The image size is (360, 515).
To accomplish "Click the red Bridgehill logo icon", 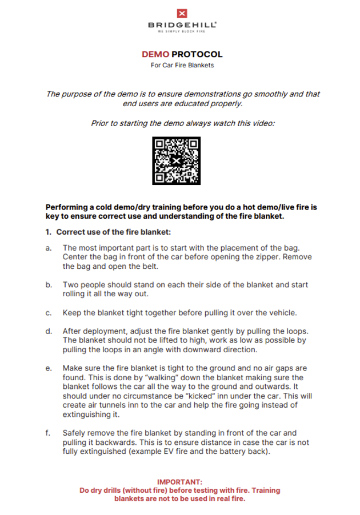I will click(x=182, y=14).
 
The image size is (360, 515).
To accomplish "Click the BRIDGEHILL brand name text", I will click(x=182, y=25).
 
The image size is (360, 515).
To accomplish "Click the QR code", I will click(x=177, y=161).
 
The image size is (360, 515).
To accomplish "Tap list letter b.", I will click(x=48, y=284).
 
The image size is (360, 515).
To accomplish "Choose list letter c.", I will click(x=48, y=313).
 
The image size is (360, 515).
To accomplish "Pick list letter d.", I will click(x=48, y=331).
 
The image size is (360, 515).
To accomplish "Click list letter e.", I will click(x=48, y=368).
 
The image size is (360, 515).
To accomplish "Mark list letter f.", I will click(x=48, y=433).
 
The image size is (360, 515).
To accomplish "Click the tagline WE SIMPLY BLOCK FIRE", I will click(x=182, y=31).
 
